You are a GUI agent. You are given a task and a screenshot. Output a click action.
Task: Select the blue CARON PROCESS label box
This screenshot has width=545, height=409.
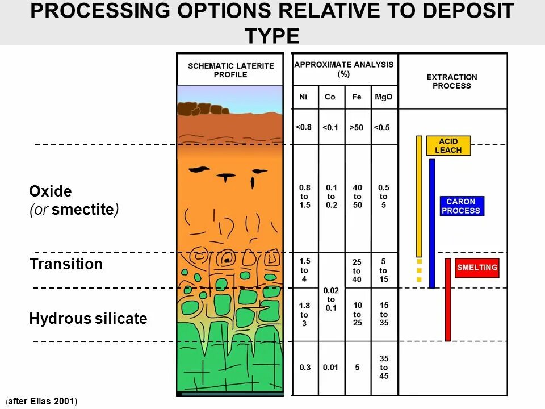462,206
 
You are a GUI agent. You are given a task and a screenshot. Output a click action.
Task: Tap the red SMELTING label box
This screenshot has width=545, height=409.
477,268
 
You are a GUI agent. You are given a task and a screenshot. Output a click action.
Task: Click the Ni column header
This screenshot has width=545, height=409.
304,97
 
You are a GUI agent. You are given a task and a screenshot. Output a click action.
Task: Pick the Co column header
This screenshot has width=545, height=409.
330,97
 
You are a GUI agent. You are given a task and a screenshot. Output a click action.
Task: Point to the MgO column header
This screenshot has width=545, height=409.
384,97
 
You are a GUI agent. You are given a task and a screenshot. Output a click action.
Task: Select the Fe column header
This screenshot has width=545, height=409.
357,97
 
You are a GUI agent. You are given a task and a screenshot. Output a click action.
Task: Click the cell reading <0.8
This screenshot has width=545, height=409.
304,127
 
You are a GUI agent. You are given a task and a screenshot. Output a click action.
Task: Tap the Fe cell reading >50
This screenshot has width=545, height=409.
357,127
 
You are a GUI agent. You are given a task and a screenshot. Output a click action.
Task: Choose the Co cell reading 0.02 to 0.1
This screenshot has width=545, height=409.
331,299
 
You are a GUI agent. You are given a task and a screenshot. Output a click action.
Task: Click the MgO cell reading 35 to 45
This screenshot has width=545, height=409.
384,367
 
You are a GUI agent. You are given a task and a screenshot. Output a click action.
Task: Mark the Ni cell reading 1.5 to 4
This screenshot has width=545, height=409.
304,269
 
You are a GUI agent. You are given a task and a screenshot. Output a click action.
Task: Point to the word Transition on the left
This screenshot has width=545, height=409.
66,264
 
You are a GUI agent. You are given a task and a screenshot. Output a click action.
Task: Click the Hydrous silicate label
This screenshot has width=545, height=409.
88,319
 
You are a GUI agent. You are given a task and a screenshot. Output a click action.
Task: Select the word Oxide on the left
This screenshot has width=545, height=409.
51,191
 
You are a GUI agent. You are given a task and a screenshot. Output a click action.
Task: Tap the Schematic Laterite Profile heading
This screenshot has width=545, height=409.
230,70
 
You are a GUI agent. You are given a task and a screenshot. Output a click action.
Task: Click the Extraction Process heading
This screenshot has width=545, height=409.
452,81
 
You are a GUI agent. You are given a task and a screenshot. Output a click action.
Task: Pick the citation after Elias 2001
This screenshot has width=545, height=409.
42,402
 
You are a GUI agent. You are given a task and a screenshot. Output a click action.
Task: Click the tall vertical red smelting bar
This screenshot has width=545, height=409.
448,300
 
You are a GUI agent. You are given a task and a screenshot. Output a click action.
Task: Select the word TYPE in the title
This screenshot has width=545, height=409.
272,36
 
